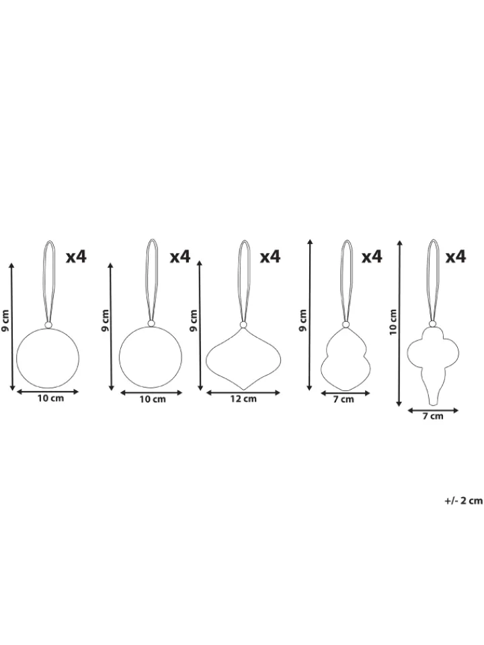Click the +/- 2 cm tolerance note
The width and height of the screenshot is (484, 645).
coord(463,501)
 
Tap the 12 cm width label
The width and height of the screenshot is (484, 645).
coord(243,398)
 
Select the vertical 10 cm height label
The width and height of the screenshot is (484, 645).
coord(393,322)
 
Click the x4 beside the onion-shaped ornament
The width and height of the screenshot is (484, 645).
coord(270,257)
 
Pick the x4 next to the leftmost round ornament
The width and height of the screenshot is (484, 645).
coord(77,257)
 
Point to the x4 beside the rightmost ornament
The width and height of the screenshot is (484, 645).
coord(456,257)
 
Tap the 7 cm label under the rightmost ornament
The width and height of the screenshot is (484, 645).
coord(432,416)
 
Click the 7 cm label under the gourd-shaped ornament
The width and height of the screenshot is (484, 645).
coord(344,399)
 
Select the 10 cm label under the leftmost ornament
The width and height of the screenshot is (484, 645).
coord(50,398)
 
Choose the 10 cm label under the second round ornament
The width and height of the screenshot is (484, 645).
coord(153,398)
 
